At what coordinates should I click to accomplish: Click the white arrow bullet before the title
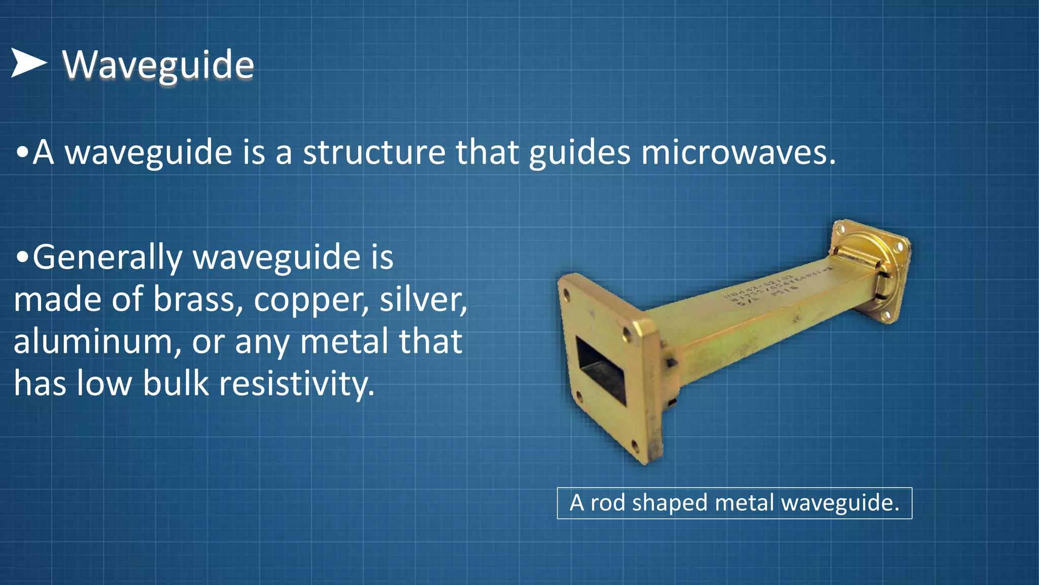coord(28,63)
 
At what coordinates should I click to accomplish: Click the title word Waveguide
coord(158,65)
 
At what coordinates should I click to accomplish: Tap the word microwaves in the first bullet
coord(738,152)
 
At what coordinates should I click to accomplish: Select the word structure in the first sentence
coord(374,152)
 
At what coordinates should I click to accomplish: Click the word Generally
coord(107,257)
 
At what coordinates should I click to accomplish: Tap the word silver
coord(423,299)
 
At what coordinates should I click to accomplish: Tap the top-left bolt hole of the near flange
coord(567,294)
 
